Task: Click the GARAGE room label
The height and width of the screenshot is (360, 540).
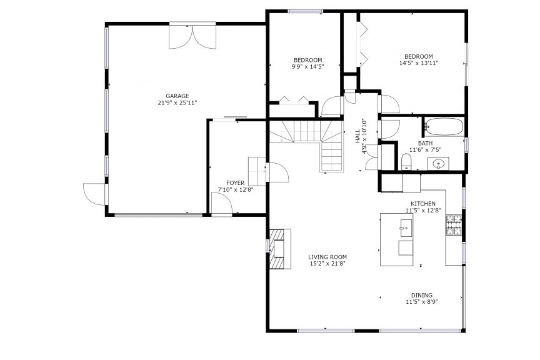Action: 177,96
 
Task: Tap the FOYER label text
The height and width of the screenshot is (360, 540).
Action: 236,183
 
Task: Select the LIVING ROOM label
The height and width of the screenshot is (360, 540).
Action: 327,257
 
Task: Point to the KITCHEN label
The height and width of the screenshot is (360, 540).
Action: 423,204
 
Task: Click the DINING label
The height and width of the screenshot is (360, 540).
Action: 422,295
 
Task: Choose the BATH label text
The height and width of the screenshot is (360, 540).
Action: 426,143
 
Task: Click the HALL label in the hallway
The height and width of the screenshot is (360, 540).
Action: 358,136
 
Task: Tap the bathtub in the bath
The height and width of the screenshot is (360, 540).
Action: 444,127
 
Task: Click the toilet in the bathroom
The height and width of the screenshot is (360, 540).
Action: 407,162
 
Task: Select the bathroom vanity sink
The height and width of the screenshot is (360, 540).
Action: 438,164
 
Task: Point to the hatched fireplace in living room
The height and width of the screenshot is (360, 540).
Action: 280,249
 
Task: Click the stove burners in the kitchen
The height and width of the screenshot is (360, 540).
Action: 454,225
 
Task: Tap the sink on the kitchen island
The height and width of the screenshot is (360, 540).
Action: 406,228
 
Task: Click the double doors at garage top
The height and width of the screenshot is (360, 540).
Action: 192,36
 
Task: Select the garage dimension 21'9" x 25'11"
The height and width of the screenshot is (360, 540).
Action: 177,102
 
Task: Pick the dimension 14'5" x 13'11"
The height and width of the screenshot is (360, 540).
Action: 419,63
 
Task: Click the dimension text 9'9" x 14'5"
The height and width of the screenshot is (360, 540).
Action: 308,66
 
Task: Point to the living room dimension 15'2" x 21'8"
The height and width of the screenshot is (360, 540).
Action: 327,264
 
